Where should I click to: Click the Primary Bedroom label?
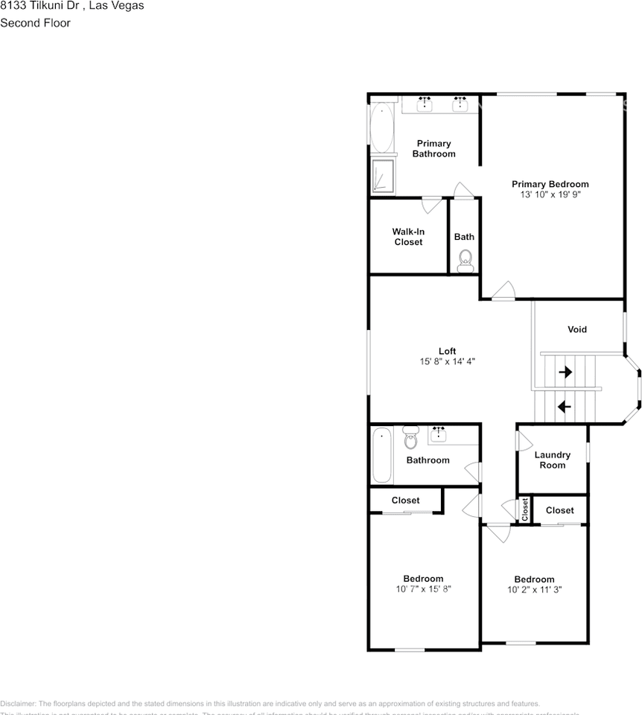pyautogui.click(x=550, y=184)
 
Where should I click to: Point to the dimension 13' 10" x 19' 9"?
pyautogui.click(x=550, y=194)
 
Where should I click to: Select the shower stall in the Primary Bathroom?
pyautogui.click(x=383, y=177)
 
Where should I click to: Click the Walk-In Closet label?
pyautogui.click(x=407, y=237)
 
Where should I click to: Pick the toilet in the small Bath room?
pyautogui.click(x=465, y=258)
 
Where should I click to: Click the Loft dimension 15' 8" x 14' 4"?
pyautogui.click(x=447, y=361)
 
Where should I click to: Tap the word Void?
pyautogui.click(x=577, y=329)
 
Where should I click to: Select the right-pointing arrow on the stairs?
pyautogui.click(x=565, y=372)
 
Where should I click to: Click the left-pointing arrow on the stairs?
pyautogui.click(x=564, y=407)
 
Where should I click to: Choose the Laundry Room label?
pyautogui.click(x=552, y=460)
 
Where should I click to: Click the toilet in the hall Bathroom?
pyautogui.click(x=410, y=439)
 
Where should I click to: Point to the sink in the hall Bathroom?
pyautogui.click(x=439, y=433)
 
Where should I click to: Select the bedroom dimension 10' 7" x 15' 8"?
pyautogui.click(x=423, y=589)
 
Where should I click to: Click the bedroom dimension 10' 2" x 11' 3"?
pyautogui.click(x=534, y=589)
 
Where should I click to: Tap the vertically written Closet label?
pyautogui.click(x=524, y=509)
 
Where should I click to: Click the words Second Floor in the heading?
pyautogui.click(x=35, y=23)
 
